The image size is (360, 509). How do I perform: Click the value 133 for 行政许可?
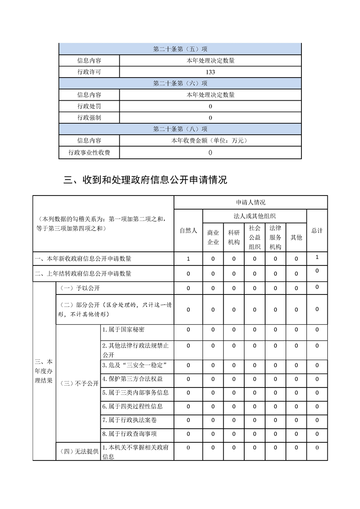point(210,72)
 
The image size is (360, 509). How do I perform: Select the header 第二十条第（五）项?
point(180,49)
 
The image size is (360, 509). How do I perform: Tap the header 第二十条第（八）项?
point(180,129)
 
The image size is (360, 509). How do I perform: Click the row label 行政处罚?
point(89,106)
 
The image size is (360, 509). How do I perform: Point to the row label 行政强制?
point(89,117)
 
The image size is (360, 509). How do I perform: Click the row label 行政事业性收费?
point(89,152)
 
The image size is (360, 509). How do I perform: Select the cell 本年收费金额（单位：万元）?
point(210,141)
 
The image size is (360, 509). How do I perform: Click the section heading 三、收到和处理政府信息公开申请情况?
point(145,180)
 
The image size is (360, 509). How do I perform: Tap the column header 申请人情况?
point(251,202)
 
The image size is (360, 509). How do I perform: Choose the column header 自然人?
point(188,230)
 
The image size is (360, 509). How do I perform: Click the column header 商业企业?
point(213,237)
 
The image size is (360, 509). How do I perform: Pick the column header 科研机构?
point(234,237)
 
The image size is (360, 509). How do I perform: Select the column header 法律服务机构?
point(275,237)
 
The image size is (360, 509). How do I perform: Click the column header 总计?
point(317,230)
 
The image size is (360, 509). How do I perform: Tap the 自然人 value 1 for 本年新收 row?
point(188,259)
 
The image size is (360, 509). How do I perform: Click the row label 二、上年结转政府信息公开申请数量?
point(83,274)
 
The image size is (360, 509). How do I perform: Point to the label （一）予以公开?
point(77,288)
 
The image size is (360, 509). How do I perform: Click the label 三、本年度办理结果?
point(44,371)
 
